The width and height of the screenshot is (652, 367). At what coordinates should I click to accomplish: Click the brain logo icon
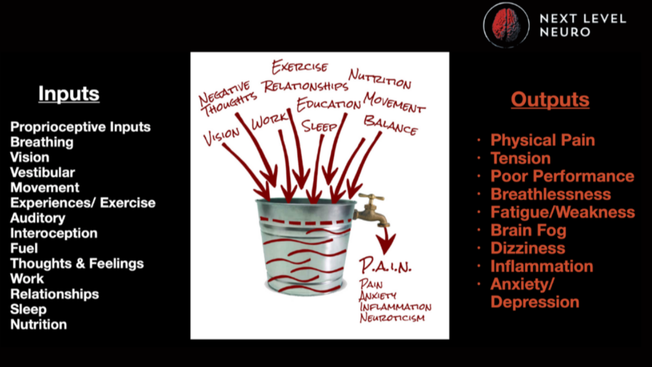506,25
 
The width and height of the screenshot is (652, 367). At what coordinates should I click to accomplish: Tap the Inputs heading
69,94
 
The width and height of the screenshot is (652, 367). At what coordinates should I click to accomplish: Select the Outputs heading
550,99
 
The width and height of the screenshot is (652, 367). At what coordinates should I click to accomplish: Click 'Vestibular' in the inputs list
43,172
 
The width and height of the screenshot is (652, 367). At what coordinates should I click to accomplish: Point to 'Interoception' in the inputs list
54,233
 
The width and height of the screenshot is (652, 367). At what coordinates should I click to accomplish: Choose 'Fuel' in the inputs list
24,248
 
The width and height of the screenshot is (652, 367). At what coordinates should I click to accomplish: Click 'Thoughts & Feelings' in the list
77,264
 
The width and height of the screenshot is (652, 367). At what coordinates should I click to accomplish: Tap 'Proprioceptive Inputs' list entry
80,127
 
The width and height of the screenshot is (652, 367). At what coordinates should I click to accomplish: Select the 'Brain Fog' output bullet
528,230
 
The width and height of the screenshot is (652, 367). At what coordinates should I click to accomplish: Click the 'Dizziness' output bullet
528,248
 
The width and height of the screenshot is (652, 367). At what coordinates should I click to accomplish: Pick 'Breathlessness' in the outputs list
551,194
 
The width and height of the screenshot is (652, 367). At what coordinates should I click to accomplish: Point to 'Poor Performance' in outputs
562,176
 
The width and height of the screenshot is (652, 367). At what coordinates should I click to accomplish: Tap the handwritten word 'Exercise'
300,67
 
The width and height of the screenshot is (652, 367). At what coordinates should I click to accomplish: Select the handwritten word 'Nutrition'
380,78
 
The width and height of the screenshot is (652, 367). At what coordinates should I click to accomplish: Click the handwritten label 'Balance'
391,125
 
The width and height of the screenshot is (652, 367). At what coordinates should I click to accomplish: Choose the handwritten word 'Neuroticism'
392,318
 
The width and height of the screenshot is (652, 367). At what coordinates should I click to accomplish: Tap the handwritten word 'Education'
329,104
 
